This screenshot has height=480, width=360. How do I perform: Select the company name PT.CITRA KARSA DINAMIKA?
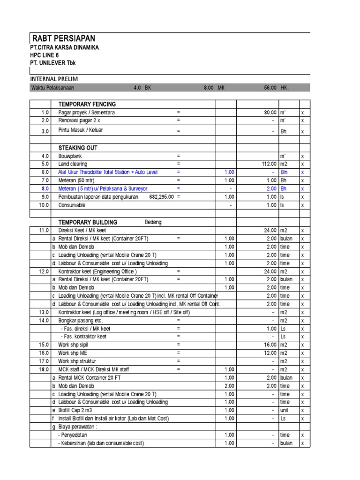(x=65, y=48)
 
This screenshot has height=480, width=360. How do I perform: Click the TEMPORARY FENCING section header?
(x=87, y=104)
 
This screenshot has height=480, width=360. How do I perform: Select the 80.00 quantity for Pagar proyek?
(x=270, y=112)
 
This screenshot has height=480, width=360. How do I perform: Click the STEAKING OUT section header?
(x=78, y=148)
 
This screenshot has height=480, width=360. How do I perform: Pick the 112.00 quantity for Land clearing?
(x=269, y=164)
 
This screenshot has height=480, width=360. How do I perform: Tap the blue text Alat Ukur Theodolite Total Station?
(x=108, y=172)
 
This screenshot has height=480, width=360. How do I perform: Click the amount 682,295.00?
(x=161, y=197)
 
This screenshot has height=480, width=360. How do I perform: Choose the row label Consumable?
(x=72, y=205)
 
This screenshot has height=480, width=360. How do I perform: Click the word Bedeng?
(x=153, y=222)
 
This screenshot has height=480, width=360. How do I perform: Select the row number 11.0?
(x=45, y=231)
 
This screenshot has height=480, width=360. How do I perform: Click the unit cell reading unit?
(x=285, y=410)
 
